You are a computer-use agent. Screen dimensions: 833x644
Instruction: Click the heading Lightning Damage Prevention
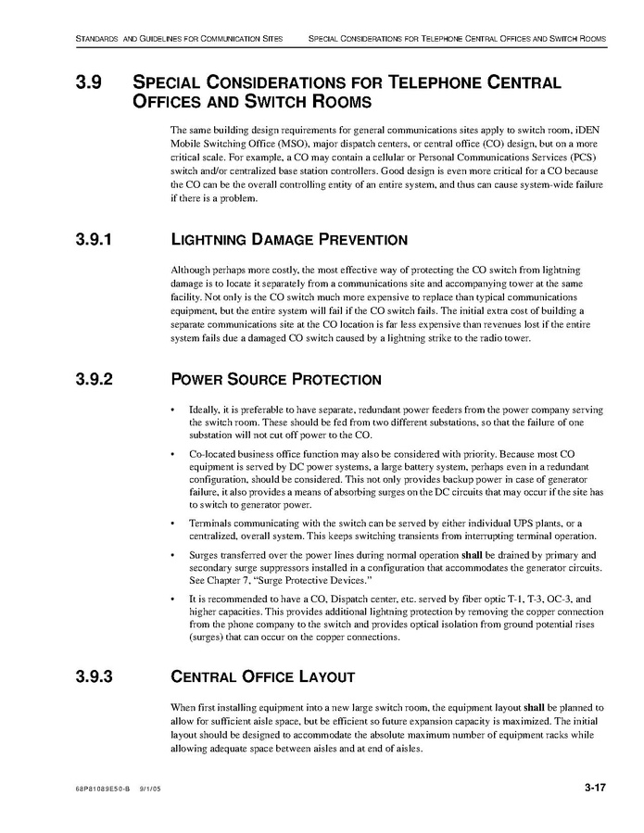[289, 241]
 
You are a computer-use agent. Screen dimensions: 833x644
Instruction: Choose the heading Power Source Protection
[275, 379]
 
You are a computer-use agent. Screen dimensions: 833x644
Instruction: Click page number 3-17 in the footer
[595, 788]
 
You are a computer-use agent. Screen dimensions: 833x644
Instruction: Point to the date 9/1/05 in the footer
[150, 789]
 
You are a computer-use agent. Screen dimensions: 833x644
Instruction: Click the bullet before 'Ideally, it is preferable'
[173, 410]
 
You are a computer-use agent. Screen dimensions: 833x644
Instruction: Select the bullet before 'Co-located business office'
[173, 456]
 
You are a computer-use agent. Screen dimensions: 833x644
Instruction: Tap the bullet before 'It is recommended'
[173, 600]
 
